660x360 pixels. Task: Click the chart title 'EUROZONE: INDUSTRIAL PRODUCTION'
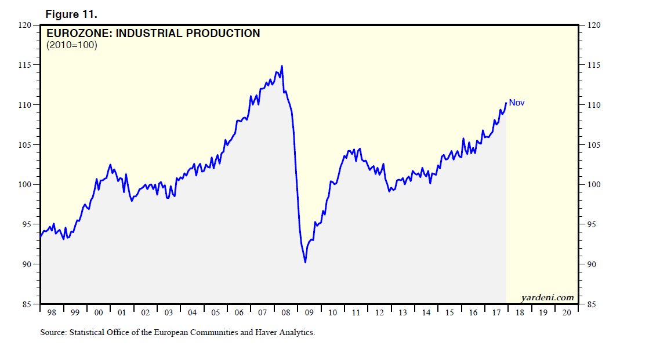click(x=153, y=34)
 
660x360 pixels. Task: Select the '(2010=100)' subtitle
click(x=71, y=45)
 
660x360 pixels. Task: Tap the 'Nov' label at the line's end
click(x=517, y=103)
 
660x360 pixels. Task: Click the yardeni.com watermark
click(x=547, y=297)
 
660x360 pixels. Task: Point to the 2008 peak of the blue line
click(x=282, y=66)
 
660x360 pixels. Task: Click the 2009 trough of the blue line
click(x=305, y=263)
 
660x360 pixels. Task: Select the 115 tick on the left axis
click(x=25, y=66)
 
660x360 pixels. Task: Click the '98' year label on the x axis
click(x=52, y=313)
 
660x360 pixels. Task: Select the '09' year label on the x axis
click(x=309, y=313)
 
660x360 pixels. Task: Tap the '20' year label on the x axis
click(x=567, y=313)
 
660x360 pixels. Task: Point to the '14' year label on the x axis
click(x=426, y=313)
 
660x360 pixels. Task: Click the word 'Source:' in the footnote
click(x=53, y=333)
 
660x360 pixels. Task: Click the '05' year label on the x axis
click(x=216, y=313)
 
